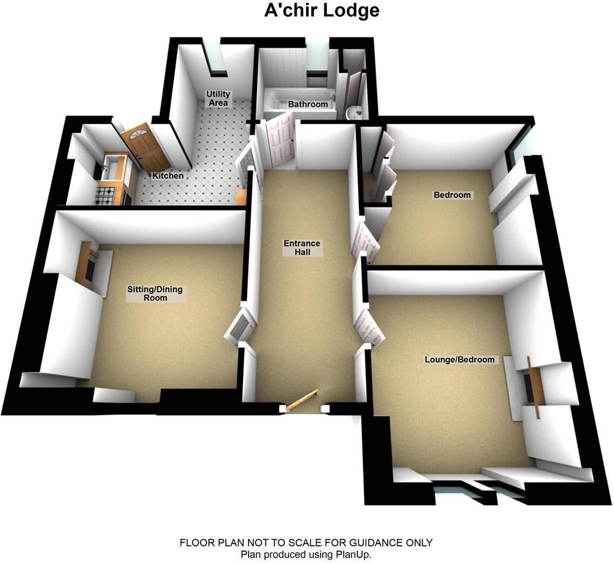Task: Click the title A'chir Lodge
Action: (321, 10)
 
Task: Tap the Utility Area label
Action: (217, 98)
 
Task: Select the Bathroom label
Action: (308, 104)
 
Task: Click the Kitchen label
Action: (168, 176)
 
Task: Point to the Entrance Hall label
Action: (302, 247)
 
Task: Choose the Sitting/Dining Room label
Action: (155, 293)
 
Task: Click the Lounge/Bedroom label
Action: (459, 359)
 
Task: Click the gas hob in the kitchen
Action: (106, 195)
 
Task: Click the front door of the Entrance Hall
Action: (302, 400)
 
